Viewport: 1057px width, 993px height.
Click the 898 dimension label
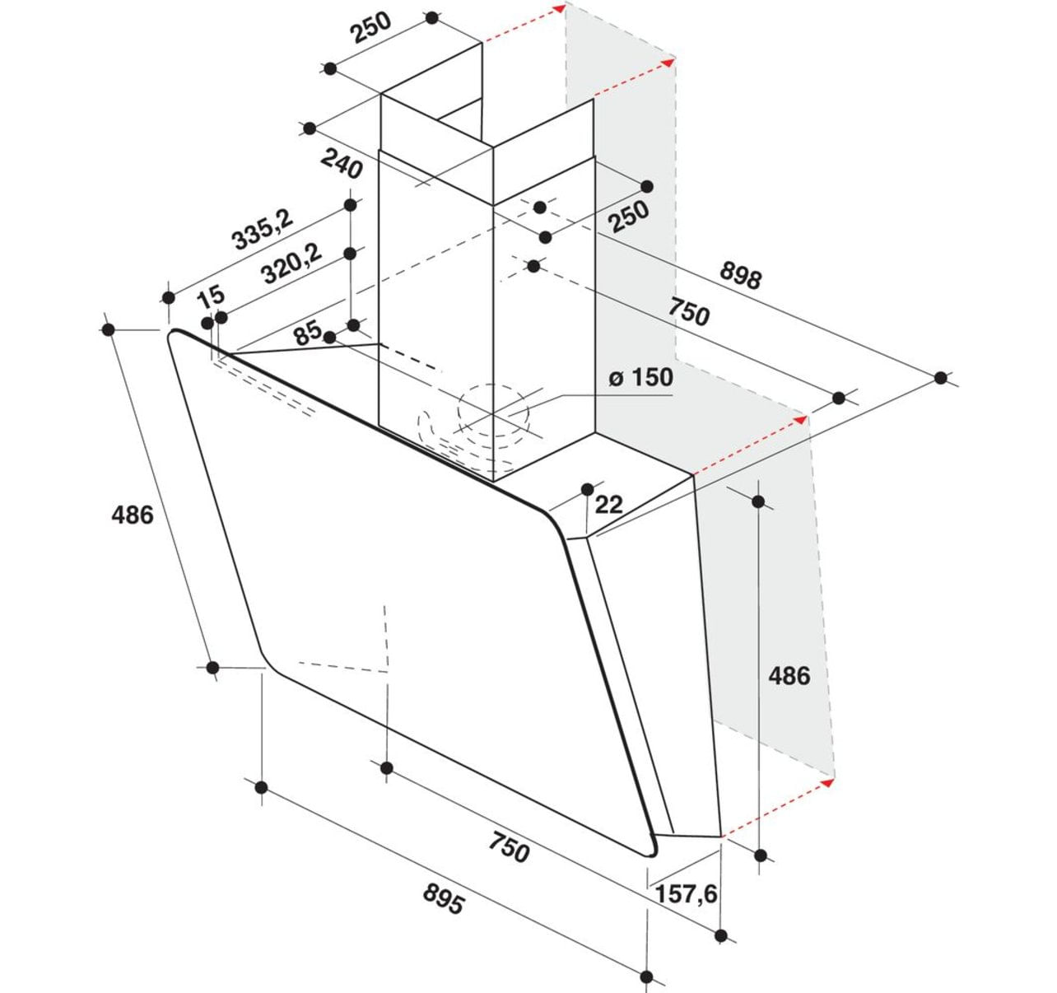tap(741, 277)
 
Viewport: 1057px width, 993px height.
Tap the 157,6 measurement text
tap(686, 894)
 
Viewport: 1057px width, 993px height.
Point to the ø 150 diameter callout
tap(640, 377)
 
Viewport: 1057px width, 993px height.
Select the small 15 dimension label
tap(211, 296)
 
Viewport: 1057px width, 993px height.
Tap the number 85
tap(309, 333)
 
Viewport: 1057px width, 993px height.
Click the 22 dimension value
tap(608, 505)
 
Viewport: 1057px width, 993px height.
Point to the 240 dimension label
tap(342, 165)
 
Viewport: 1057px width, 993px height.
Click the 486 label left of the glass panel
tap(132, 515)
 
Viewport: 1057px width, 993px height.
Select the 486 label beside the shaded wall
tap(789, 676)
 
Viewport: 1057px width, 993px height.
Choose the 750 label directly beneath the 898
tap(689, 312)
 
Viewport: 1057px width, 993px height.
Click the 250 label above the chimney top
tap(371, 28)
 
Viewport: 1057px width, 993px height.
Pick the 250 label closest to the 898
tap(630, 217)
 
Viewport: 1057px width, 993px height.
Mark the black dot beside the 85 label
tap(330, 337)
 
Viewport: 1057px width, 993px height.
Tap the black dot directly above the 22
tap(588, 489)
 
